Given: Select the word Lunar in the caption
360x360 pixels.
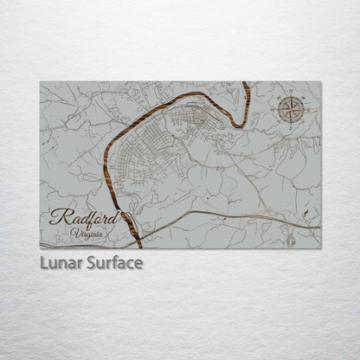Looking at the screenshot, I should point(61,262).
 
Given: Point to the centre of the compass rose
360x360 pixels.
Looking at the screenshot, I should point(290,109).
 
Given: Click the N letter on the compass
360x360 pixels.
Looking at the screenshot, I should point(290,91).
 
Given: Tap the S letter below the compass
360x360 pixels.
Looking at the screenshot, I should point(290,127).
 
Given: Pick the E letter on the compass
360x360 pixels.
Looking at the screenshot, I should point(309,109).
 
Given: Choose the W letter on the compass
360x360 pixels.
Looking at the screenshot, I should point(272,109).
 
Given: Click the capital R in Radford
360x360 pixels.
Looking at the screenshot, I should point(56,217).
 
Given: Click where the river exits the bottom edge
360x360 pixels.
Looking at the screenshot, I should point(139,247).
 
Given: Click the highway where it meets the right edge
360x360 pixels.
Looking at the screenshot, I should point(319,227).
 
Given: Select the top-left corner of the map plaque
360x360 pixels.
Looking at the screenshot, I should point(40,82).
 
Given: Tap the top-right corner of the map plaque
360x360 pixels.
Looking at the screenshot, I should point(320,82).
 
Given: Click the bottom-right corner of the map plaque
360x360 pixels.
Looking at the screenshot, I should point(320,248).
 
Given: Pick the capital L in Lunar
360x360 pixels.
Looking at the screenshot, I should point(43,262).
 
